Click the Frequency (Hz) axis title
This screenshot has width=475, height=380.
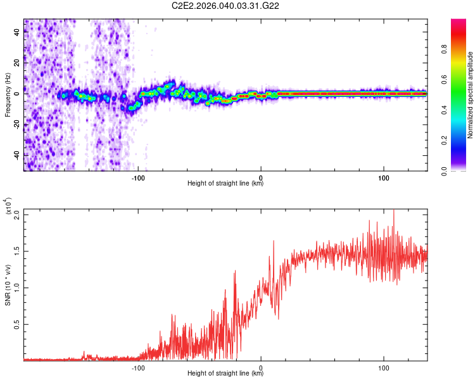point(8,94)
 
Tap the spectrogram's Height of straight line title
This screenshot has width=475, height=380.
point(225,184)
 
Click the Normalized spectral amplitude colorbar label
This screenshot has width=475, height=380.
point(470,95)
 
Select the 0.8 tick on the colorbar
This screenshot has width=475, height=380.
point(462,49)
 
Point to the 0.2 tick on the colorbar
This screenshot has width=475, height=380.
point(462,141)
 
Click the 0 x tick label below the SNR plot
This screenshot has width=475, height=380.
point(261,367)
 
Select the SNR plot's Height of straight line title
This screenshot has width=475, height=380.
point(225,373)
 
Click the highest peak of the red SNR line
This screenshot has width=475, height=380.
point(393,210)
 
